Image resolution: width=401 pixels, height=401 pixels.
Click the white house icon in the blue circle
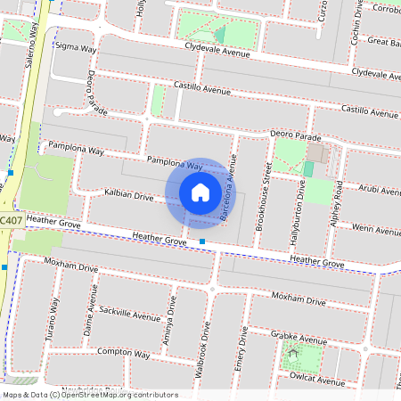200,192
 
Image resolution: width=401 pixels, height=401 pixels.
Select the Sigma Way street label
76,48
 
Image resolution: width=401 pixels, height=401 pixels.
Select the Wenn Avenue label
376,230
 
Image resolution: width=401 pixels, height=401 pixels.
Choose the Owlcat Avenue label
317,381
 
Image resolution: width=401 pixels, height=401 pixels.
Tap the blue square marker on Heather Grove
202,241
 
